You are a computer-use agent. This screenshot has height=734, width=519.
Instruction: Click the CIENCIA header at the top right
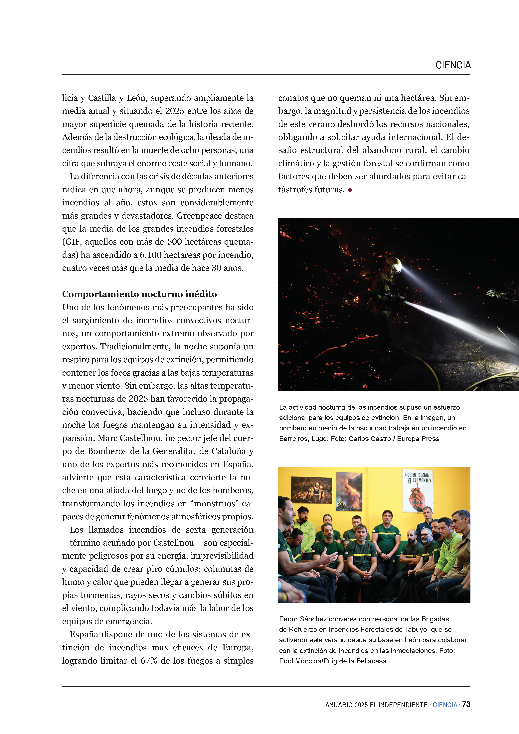click(x=453, y=65)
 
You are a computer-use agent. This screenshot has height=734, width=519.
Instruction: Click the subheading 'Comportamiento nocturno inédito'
click(x=139, y=294)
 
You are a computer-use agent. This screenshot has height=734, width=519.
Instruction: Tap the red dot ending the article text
click(x=350, y=190)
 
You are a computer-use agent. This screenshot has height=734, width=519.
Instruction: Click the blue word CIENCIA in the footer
click(x=445, y=705)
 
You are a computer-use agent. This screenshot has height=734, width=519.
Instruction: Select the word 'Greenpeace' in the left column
click(x=195, y=216)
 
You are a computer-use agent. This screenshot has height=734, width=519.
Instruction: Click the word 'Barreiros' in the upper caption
click(x=293, y=439)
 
